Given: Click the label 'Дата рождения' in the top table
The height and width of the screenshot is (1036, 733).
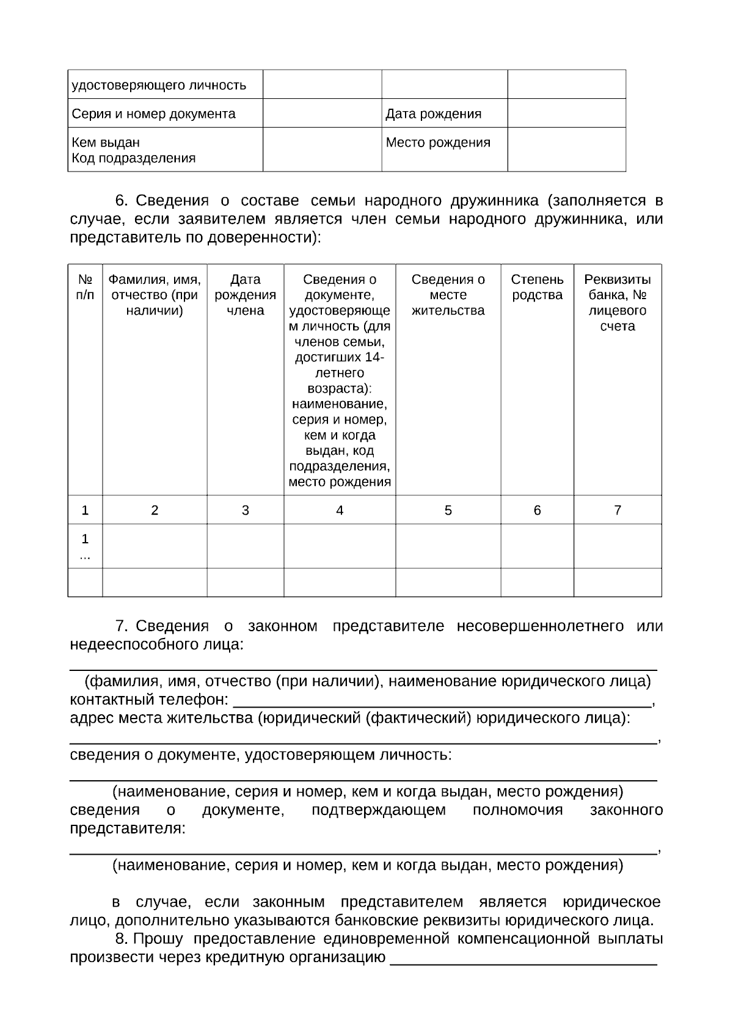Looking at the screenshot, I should tap(433, 114).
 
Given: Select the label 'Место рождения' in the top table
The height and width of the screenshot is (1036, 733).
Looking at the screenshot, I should tap(437, 142).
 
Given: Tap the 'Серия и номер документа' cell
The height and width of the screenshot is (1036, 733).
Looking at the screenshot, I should tap(153, 114).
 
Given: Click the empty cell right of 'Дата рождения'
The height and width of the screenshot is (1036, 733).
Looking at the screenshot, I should tap(566, 114).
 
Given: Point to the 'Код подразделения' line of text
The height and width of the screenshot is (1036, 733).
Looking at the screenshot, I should tap(133, 158).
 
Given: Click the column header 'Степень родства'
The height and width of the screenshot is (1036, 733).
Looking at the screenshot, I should tap(537, 288).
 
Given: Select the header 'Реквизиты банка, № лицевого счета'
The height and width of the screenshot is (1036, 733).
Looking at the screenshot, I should tap(617, 303).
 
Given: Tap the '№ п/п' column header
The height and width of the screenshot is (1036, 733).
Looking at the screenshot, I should tap(85, 288).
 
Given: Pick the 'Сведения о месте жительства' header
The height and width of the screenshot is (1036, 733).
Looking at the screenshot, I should tap(448, 295).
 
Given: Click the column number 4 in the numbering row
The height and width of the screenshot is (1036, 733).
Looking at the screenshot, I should tap(340, 510).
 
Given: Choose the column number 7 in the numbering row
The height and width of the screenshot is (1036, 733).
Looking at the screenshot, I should tap(617, 510).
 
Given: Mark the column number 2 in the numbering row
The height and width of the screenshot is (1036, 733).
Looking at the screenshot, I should tap(155, 510).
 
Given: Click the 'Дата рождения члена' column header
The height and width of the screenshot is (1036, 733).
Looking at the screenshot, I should tap(245, 295).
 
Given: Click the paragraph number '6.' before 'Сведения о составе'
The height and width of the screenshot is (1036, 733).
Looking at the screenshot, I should tap(121, 201).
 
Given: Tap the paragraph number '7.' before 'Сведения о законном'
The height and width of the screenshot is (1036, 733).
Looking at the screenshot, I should tap(121, 626).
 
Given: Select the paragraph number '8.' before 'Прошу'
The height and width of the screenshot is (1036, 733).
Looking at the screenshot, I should tap(121, 939).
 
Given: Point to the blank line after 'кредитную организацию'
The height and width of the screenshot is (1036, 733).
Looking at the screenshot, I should tap(523, 960).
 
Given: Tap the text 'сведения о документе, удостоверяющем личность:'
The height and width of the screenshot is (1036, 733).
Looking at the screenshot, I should tap(261, 755).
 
